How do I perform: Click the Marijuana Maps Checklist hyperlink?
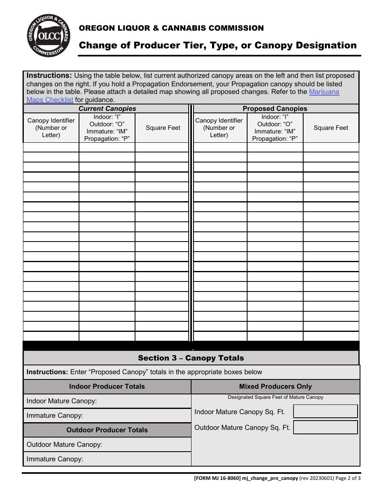[x=324, y=92]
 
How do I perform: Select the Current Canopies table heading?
[x=107, y=109]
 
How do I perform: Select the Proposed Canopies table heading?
[x=275, y=109]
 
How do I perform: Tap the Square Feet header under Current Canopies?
[x=163, y=128]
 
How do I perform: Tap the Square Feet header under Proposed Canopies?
[x=331, y=128]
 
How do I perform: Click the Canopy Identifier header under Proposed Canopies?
[x=219, y=128]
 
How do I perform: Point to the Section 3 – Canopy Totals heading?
[x=191, y=358]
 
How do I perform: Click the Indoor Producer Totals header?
[x=107, y=386]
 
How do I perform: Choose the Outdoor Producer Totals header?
[x=107, y=430]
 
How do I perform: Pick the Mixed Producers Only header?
[x=275, y=386]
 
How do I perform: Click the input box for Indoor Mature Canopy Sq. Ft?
[x=325, y=411]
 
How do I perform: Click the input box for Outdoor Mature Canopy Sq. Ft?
[x=325, y=427]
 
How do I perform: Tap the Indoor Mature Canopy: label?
[x=62, y=401]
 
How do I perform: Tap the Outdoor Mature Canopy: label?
[x=64, y=444]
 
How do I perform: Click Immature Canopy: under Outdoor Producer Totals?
[x=55, y=459]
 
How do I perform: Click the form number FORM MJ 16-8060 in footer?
[x=217, y=478]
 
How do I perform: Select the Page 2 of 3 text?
[x=348, y=478]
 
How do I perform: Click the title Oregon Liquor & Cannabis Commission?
[x=171, y=28]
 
